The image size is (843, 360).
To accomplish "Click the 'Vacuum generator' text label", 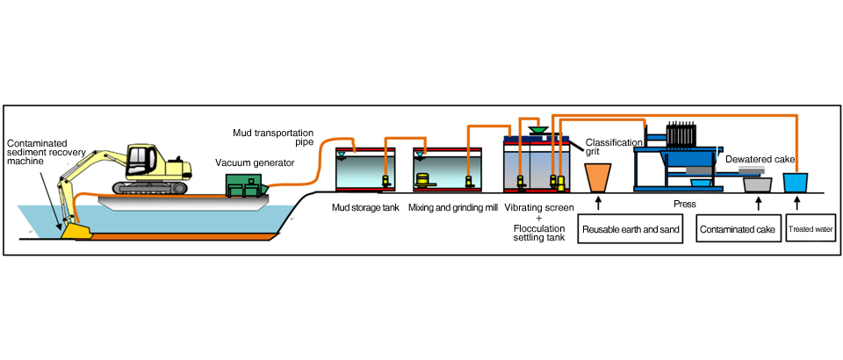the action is (x=255, y=162).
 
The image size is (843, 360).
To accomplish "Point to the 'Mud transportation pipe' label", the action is (x=273, y=137).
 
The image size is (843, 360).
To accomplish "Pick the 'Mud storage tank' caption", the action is (x=365, y=207).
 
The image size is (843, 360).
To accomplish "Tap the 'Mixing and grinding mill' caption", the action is (x=453, y=207).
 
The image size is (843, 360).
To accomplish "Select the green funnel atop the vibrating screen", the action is (x=538, y=129).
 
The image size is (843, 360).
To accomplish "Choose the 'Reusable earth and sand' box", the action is (x=630, y=229).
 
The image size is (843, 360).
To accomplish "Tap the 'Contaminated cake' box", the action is (x=738, y=229).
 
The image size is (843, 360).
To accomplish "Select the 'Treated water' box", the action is (x=811, y=229).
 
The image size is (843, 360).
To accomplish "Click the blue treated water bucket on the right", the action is (x=796, y=182).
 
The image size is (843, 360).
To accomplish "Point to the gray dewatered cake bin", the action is (x=758, y=184).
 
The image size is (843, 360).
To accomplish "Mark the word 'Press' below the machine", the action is (x=684, y=205).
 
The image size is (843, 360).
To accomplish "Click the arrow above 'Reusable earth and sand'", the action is (x=598, y=204).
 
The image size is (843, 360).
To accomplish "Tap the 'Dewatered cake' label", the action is (x=760, y=160).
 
